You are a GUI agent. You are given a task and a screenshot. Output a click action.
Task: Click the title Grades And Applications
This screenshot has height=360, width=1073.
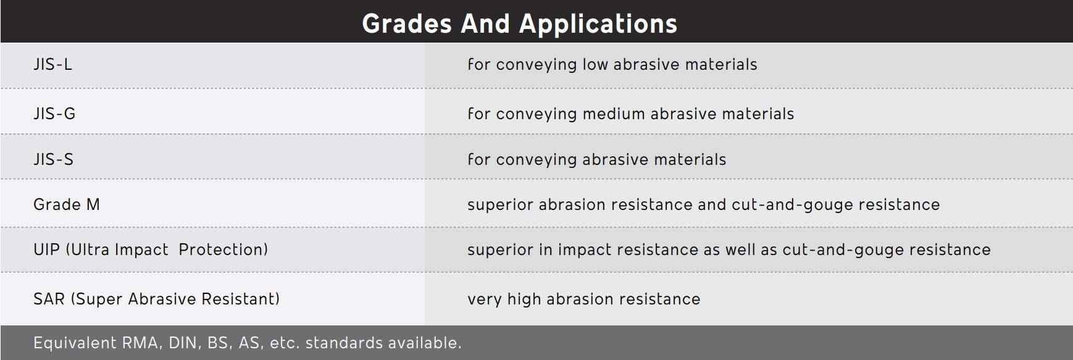[520, 23]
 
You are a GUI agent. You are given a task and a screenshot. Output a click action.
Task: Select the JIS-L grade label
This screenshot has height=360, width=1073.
[53, 64]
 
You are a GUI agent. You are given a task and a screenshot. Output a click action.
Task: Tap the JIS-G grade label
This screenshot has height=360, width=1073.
[54, 114]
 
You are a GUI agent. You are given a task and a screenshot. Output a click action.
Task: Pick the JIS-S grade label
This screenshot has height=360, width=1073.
[54, 159]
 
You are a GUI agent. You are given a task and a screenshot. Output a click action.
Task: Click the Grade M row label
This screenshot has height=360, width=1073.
[67, 204]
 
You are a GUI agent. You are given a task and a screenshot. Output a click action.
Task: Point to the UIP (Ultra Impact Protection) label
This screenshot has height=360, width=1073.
[151, 249]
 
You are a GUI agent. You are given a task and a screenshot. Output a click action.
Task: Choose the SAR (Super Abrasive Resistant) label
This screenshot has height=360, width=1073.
[157, 299]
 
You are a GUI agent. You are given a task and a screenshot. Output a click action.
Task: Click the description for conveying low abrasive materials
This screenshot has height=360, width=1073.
[612, 65]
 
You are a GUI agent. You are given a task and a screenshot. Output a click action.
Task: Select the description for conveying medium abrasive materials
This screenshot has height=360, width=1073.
[631, 114]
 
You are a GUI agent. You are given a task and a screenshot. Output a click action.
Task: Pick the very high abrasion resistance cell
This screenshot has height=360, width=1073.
[584, 299]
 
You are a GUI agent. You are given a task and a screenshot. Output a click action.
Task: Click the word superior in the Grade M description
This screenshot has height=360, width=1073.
[500, 205]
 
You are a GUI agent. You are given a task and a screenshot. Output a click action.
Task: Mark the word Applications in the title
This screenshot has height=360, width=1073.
[598, 24]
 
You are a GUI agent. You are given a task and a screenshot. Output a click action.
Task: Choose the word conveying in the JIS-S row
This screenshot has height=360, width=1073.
[536, 160]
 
